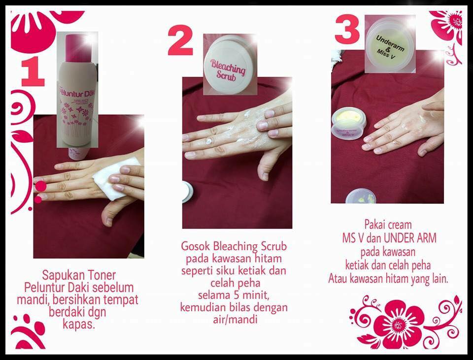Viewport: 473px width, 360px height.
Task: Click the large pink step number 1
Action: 33,71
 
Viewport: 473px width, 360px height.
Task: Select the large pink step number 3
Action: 347,30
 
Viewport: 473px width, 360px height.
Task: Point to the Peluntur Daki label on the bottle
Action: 77,92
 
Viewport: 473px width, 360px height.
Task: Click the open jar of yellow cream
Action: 348,124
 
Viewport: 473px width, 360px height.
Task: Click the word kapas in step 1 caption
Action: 78,325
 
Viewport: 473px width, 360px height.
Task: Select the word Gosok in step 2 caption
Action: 196,246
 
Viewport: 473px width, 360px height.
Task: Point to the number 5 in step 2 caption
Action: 236,295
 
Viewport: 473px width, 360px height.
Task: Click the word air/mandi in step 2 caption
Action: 235,319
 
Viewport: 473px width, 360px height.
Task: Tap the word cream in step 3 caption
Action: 400,225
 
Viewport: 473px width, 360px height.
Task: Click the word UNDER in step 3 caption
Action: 398,238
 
